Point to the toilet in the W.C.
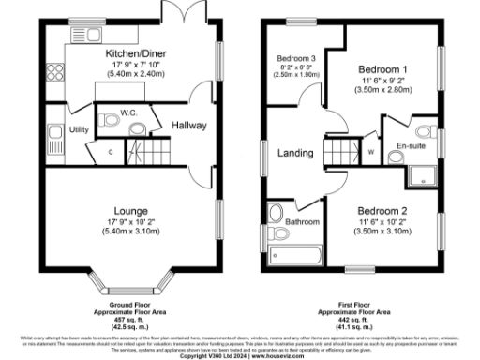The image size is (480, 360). (x=134, y=126)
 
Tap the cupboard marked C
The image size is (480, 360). (x=111, y=150)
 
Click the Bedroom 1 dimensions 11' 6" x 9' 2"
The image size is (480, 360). (x=384, y=83)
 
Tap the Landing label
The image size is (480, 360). (x=296, y=151)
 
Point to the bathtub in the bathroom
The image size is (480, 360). (x=293, y=254)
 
